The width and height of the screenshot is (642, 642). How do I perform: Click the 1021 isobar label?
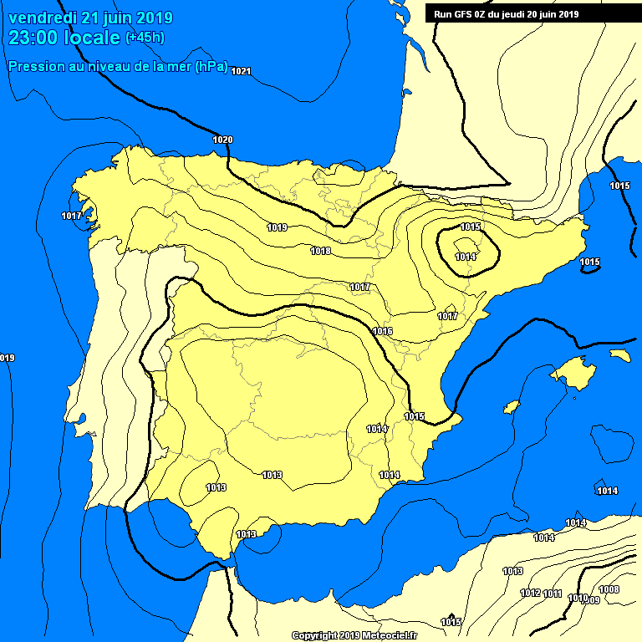click(241, 71)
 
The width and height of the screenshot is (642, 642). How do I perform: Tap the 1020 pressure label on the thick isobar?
click(223, 140)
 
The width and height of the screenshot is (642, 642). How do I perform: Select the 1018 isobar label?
click(320, 251)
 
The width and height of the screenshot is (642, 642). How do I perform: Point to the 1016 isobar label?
click(383, 332)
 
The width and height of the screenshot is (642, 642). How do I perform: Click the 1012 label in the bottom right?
click(530, 594)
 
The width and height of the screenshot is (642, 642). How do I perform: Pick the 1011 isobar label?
click(552, 594)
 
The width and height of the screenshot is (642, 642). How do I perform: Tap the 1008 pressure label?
click(609, 590)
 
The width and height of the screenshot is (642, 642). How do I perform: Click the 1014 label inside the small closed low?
click(466, 257)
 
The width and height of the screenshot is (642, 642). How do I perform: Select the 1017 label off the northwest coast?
click(72, 217)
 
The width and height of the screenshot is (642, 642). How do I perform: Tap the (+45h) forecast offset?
click(145, 38)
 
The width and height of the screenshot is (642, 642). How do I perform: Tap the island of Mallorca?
click(573, 370)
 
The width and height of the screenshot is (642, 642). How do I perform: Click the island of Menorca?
click(619, 355)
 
